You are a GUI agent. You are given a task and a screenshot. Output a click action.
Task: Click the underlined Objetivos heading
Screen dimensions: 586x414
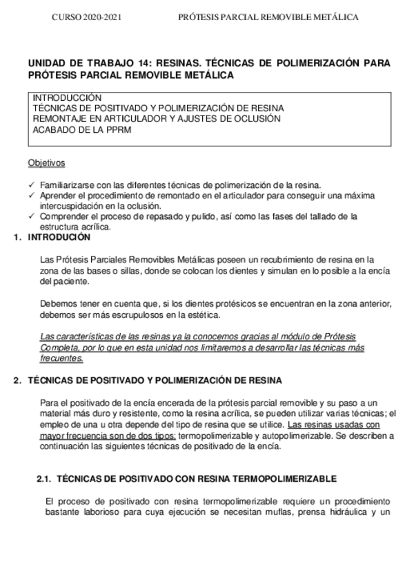click(x=47, y=163)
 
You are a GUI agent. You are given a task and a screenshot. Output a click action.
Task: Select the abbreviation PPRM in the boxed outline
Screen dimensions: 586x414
click(x=97, y=129)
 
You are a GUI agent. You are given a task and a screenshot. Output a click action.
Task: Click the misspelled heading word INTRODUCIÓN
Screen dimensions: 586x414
click(x=59, y=237)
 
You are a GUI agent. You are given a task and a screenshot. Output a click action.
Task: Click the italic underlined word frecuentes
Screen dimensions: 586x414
click(x=63, y=358)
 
